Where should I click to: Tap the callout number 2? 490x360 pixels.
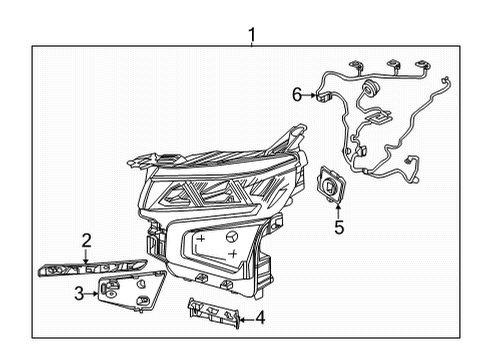click(87, 240)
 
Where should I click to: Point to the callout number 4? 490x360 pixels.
click(260, 320)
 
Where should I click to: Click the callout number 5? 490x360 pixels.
click(338, 227)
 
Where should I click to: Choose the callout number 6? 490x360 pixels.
click(296, 96)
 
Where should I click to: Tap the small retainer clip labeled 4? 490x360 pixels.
click(212, 312)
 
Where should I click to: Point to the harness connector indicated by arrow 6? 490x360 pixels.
click(322, 98)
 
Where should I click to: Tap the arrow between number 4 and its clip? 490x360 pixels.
click(246, 320)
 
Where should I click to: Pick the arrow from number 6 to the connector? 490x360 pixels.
click(308, 97)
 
